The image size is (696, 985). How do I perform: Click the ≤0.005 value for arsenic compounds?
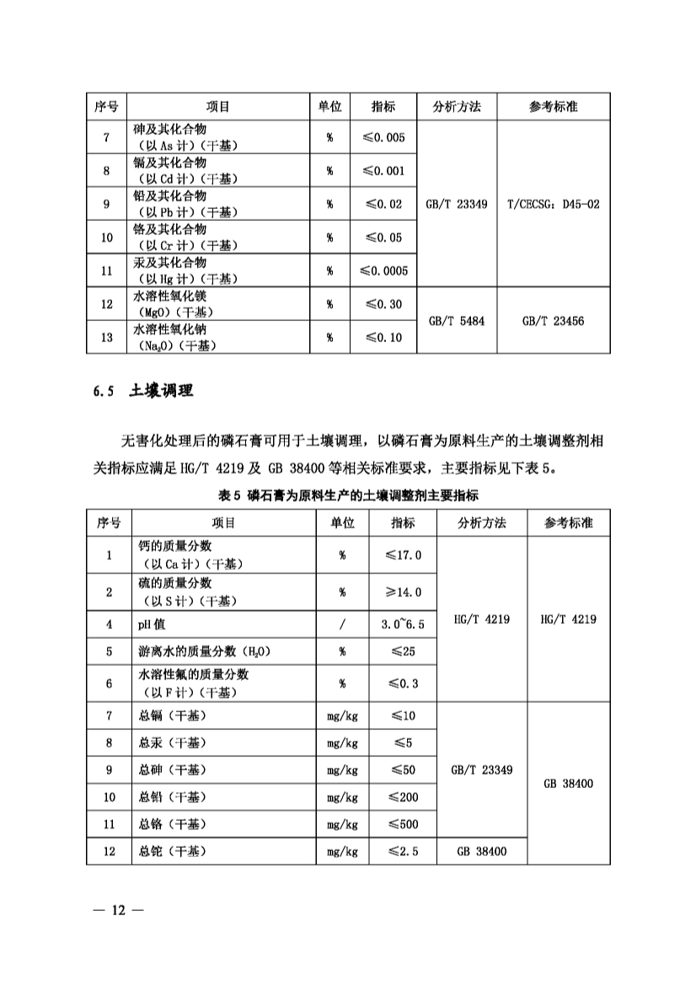pyautogui.click(x=383, y=137)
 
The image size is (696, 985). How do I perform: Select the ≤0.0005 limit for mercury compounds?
pyautogui.click(x=383, y=270)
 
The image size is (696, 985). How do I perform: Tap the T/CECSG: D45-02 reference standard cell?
pyautogui.click(x=554, y=204)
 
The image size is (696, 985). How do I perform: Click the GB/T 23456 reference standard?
pyautogui.click(x=554, y=321)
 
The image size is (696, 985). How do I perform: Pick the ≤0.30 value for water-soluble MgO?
pyautogui.click(x=383, y=304)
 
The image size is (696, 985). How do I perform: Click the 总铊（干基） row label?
pyautogui.click(x=172, y=851)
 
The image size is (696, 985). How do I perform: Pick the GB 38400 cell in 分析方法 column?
pyautogui.click(x=481, y=851)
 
